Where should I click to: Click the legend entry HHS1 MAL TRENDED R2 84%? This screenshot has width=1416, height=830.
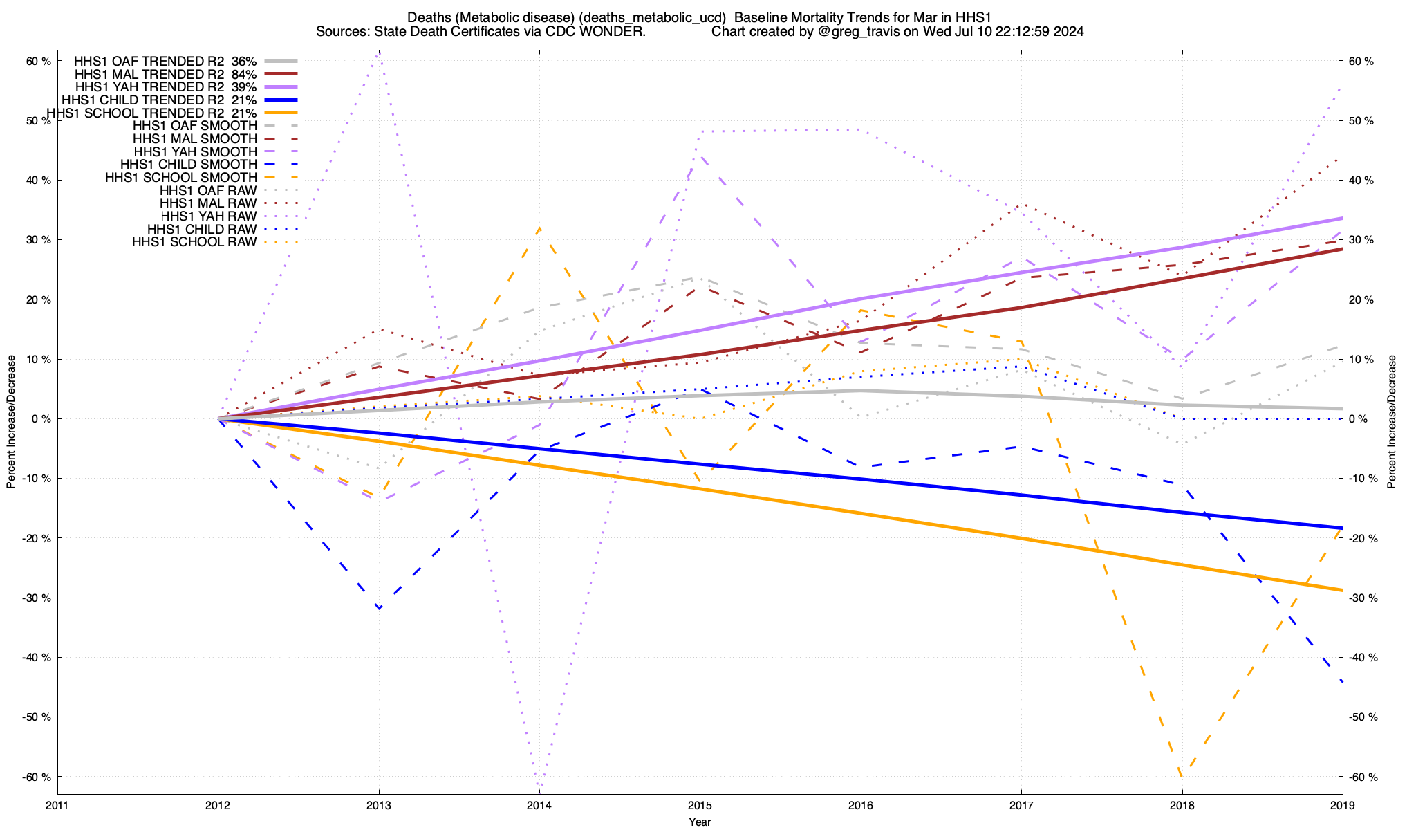165,74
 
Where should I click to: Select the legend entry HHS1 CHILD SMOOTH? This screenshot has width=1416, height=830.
188,165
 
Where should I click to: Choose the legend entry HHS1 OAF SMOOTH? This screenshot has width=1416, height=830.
194,126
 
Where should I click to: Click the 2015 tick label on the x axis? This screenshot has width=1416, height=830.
700,805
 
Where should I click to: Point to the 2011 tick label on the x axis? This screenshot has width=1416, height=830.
57,805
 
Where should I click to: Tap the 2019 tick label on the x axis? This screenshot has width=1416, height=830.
1342,805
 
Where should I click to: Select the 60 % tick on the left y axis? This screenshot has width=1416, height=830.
39,62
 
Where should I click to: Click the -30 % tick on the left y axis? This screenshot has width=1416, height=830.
37,598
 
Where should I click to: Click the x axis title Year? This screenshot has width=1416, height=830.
700,822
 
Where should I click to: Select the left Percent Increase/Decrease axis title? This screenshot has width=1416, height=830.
11,422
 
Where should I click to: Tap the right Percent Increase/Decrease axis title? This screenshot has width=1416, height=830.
1392,422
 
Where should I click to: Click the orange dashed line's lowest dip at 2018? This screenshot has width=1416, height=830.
1182,776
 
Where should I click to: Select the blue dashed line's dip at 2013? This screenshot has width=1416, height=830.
379,608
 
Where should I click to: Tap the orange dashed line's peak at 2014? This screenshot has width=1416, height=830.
539,228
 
